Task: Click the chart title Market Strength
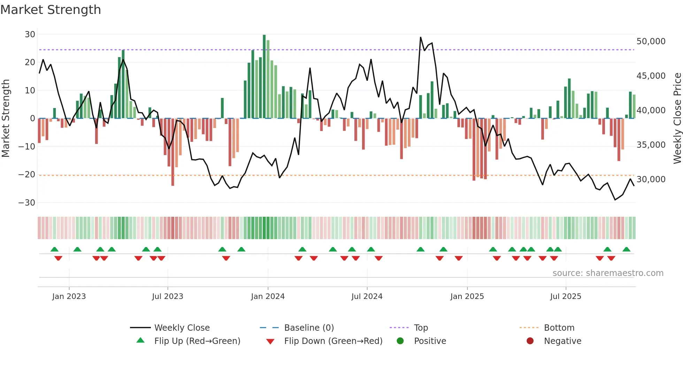[x=51, y=10]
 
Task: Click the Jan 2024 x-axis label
[x=268, y=297]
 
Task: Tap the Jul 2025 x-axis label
[x=566, y=297]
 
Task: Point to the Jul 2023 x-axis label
[x=167, y=297]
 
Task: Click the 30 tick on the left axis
[x=30, y=34]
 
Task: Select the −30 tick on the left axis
[x=27, y=202]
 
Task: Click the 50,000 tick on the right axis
[x=651, y=41]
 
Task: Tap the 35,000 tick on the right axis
[x=651, y=145]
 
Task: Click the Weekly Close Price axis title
[x=677, y=118]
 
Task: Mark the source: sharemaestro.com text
[x=608, y=273]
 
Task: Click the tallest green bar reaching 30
[x=264, y=77]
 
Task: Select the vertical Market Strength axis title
[x=6, y=118]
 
